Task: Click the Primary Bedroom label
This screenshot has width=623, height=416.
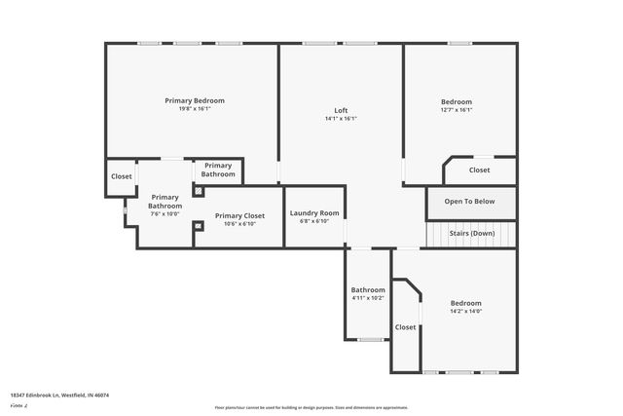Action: [x=195, y=100]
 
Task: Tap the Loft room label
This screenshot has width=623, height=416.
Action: [x=341, y=110]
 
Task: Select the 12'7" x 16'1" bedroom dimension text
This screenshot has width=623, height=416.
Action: [x=457, y=110]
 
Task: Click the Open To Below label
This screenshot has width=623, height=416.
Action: [x=470, y=202]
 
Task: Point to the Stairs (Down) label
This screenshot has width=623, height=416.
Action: [x=471, y=234]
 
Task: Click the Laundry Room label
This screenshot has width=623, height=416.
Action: [x=314, y=212]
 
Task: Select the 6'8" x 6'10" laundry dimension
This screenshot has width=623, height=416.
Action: [x=314, y=221]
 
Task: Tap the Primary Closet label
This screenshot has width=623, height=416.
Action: [x=239, y=215]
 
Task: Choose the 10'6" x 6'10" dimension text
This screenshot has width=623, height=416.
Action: [x=239, y=224]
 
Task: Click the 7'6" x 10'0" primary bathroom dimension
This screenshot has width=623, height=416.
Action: [x=165, y=214]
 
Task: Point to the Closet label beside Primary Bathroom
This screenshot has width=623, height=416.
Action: [x=121, y=176]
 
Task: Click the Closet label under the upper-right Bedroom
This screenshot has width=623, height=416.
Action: [x=479, y=170]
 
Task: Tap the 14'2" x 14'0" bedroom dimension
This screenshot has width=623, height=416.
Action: [x=465, y=312]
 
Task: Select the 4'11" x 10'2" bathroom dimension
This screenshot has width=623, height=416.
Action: [x=368, y=298]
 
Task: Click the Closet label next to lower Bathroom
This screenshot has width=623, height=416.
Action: [x=405, y=327]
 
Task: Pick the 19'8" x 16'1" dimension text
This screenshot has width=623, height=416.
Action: [x=195, y=109]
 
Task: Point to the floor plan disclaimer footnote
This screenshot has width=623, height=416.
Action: [x=311, y=407]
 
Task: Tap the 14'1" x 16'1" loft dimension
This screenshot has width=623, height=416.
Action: [x=341, y=119]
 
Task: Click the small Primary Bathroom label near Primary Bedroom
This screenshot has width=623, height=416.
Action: [x=218, y=170]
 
